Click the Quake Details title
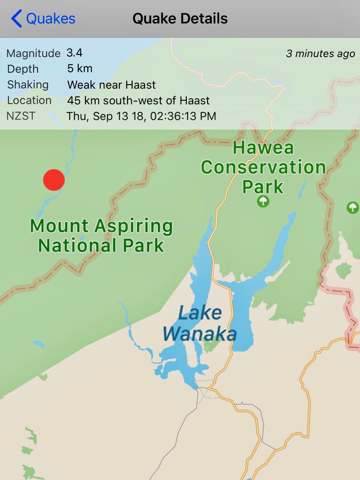180,19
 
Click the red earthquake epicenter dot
54,180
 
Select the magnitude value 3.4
75,52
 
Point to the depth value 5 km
80,68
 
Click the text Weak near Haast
111,84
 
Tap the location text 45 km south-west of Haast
138,100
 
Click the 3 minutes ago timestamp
320,54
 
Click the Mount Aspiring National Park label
101,236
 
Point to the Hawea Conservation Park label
263,167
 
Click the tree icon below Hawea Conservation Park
263,202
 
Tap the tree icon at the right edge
352,207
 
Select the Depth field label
23,69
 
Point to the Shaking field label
28,85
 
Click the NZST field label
21,116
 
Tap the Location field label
29,100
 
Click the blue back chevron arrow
17,19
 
